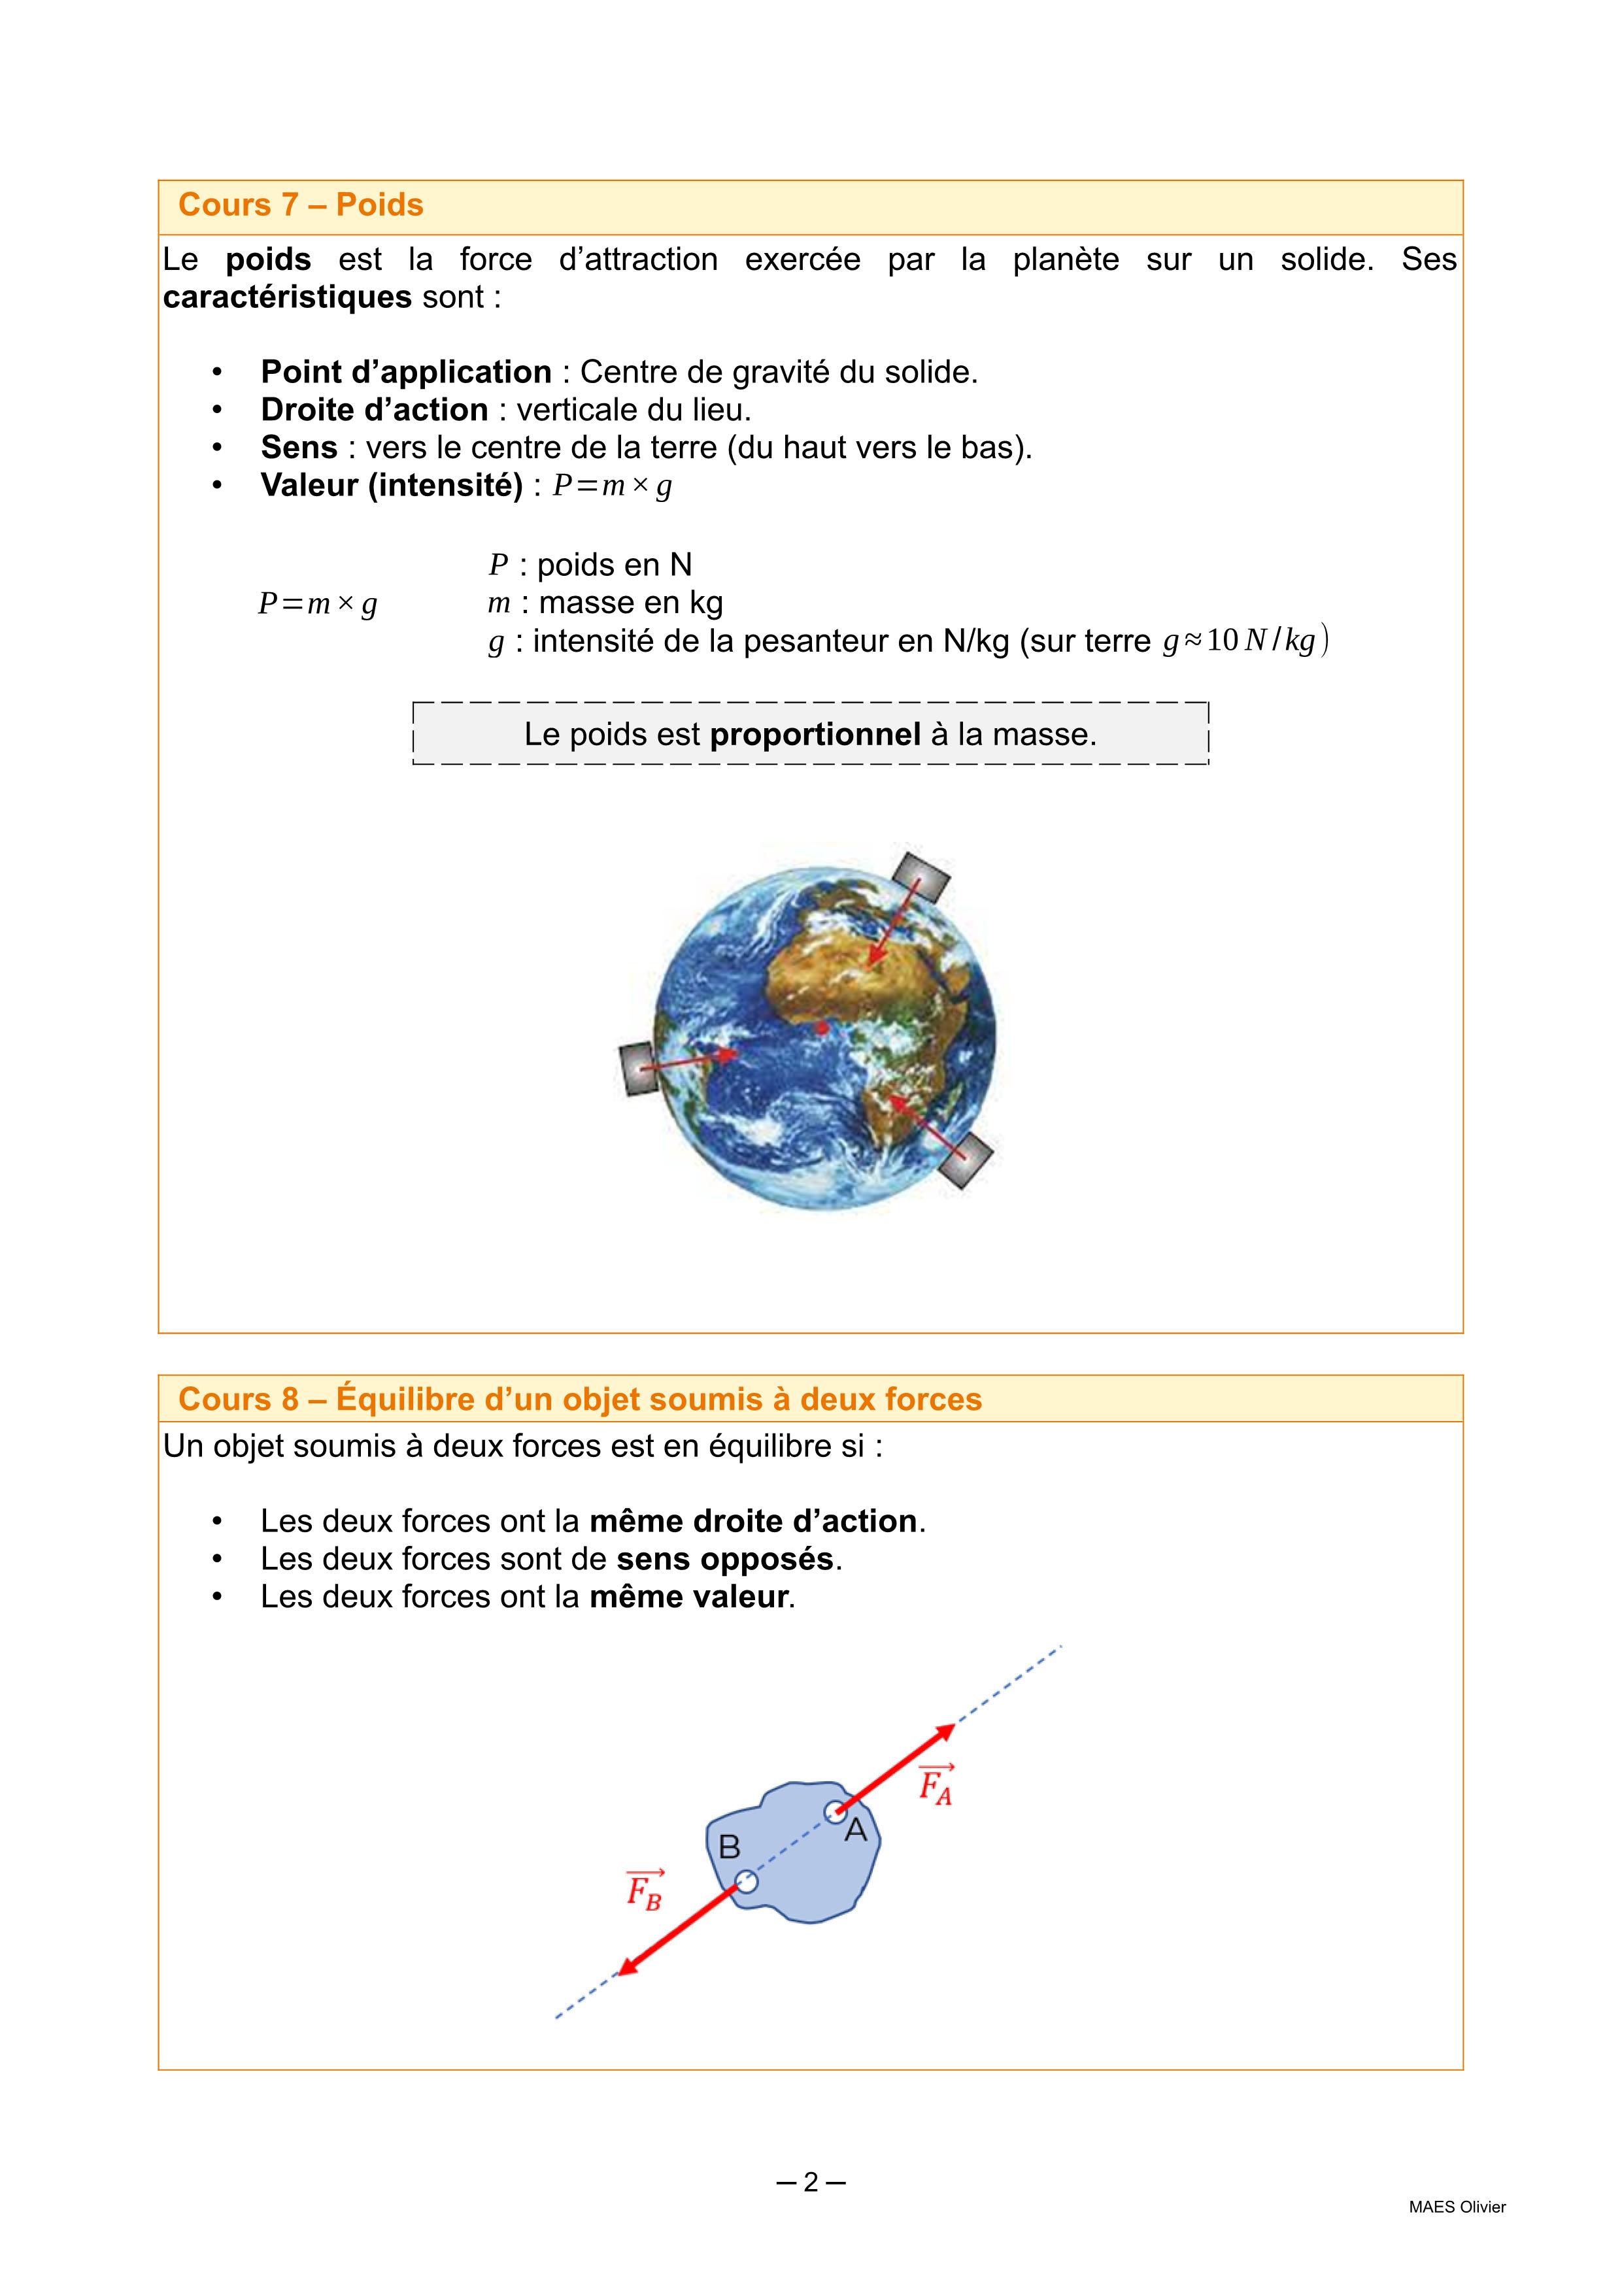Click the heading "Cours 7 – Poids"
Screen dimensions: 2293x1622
point(301,205)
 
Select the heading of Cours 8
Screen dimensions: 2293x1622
point(579,1399)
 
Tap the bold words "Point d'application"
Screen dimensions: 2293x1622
point(405,371)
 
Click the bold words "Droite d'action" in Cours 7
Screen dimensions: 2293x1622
point(375,409)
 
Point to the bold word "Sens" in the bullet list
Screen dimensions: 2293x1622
point(299,446)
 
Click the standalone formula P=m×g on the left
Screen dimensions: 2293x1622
point(318,604)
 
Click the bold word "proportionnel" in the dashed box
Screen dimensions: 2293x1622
point(815,734)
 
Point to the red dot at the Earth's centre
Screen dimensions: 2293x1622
point(822,1028)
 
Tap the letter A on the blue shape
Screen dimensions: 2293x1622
point(856,1832)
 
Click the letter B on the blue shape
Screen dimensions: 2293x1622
point(729,1848)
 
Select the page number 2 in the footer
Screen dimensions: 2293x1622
point(810,2182)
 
